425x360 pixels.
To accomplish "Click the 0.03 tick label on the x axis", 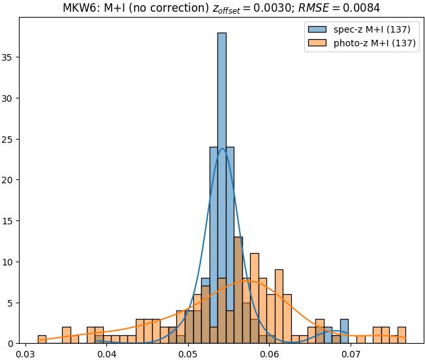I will click(x=25, y=354).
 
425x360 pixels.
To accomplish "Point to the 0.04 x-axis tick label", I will click(x=106, y=354).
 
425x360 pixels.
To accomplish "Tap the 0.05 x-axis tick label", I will click(x=188, y=354).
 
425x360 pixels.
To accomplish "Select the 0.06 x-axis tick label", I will click(x=269, y=354).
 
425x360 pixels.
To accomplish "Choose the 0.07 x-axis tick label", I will click(x=351, y=354).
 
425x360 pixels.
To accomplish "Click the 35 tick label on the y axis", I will click(x=10, y=57).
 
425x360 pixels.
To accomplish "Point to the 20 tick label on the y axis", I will click(x=10, y=180).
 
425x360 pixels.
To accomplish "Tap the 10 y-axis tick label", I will click(x=10, y=262).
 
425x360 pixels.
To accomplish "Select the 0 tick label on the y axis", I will click(x=12, y=343).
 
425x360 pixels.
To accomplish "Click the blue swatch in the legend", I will click(x=317, y=29).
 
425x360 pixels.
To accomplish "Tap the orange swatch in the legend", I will click(x=317, y=44).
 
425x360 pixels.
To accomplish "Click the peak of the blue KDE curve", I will click(x=223, y=149).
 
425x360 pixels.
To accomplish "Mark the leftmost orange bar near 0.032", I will click(x=42, y=339).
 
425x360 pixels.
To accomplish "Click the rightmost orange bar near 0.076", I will click(x=401, y=335).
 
